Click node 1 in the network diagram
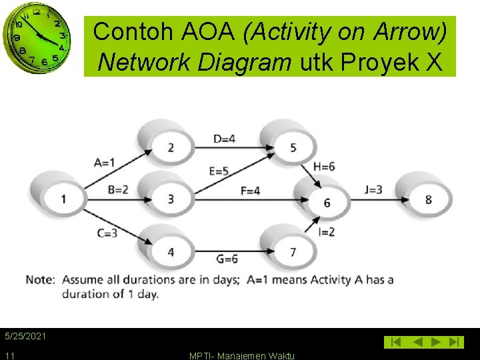[x=63, y=198]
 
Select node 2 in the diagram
[x=171, y=147]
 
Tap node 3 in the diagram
[x=171, y=199]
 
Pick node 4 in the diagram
[x=171, y=251]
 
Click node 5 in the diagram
[x=293, y=147]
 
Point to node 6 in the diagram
[x=326, y=203]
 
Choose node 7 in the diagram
[x=293, y=251]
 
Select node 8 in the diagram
[x=428, y=199]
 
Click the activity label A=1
[x=104, y=162]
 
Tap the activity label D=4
[x=224, y=139]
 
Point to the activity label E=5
[x=219, y=171]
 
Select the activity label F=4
[x=251, y=191]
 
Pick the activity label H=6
[x=324, y=167]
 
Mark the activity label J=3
[x=373, y=190]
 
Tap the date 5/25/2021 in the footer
[x=25, y=336]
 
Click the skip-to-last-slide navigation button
[x=455, y=342]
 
